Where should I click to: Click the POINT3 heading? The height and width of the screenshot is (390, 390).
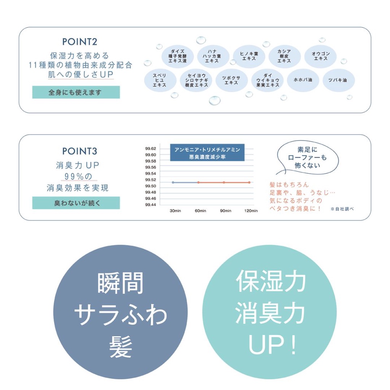pos(80,151)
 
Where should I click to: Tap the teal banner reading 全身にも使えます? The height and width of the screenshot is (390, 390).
pos(76,92)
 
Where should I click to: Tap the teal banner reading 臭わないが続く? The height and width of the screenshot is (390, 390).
pos(76,203)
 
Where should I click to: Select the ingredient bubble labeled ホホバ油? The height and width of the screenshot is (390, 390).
pos(303,80)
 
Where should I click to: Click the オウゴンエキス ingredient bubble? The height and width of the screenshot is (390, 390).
pos(321,56)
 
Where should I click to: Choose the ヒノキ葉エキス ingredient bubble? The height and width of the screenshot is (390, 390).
pos(249,56)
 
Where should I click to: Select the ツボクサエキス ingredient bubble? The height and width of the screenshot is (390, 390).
pos(231,80)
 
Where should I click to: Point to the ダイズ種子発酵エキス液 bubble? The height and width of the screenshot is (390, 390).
pos(177,56)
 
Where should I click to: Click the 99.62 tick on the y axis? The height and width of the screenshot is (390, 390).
pos(150,149)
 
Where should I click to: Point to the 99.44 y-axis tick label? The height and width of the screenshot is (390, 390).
pos(150,205)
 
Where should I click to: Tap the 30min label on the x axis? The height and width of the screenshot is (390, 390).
pos(175,211)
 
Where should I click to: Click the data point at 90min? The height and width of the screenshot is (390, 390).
pos(224,182)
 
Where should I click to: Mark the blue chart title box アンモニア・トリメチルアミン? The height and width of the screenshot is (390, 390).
pos(207,153)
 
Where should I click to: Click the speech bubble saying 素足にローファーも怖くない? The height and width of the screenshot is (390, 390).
pos(307,158)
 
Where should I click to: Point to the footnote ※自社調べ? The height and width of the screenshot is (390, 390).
pos(342,209)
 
